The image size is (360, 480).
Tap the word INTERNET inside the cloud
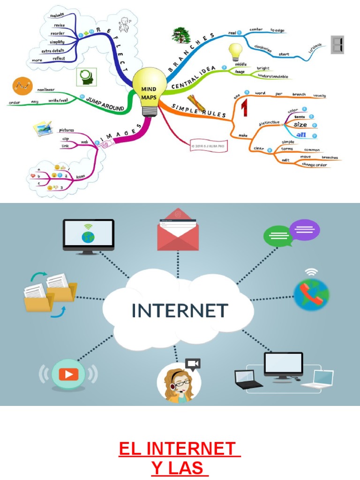click(x=180, y=310)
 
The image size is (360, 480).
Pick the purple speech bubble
click(x=305, y=230)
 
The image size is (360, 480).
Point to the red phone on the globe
click(x=311, y=295)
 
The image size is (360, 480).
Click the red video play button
click(x=68, y=374)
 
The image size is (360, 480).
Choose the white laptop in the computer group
click(x=319, y=379)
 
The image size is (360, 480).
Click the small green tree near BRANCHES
click(x=181, y=35)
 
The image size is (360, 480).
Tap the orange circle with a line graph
click(x=21, y=86)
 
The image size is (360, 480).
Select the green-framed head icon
click(x=86, y=77)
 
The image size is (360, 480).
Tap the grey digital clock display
click(x=337, y=45)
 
